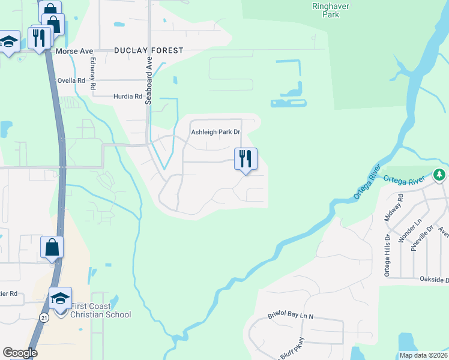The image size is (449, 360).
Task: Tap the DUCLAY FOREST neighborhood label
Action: tap(148, 51)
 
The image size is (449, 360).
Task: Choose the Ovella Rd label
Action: tap(70, 80)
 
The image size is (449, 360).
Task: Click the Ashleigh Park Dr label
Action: tap(215, 132)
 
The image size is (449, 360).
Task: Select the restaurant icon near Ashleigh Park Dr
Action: tap(246, 159)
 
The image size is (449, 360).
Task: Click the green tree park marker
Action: tap(439, 175)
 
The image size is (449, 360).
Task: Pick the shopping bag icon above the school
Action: tap(52, 247)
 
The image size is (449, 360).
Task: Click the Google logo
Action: tap(20, 353)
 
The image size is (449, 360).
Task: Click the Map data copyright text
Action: tap(423, 355)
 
